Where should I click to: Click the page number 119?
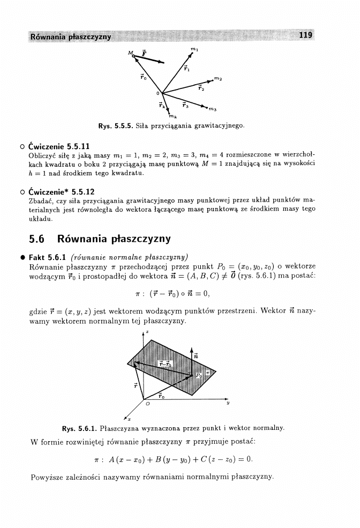[306, 35]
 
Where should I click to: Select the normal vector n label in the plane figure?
[196, 354]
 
